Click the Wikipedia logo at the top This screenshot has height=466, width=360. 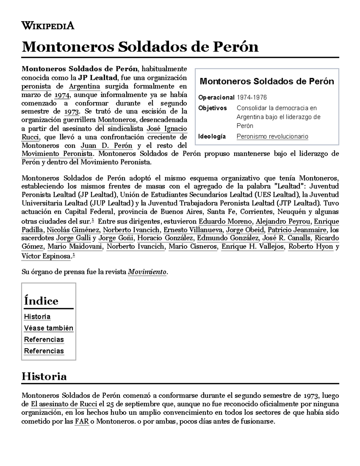click(x=48, y=26)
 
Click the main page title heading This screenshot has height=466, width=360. click(x=140, y=47)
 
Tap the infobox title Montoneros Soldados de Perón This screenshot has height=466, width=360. click(x=267, y=81)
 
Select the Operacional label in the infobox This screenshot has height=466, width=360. click(x=216, y=98)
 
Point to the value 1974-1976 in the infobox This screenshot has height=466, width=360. click(x=251, y=98)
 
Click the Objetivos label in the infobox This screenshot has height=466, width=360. click(x=212, y=108)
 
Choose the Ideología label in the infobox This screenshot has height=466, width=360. click(x=212, y=137)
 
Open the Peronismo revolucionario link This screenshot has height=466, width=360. click(x=272, y=137)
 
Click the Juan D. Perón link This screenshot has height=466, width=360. click(x=106, y=146)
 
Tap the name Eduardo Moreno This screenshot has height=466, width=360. click(x=225, y=222)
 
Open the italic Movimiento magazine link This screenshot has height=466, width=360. click(x=147, y=272)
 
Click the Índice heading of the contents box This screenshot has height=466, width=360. click(x=41, y=301)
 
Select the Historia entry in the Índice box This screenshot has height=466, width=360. click(x=37, y=317)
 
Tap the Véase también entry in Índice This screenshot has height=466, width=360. click(x=49, y=328)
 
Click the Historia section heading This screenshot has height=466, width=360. click(x=44, y=376)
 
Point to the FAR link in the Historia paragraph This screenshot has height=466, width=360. click(x=82, y=422)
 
